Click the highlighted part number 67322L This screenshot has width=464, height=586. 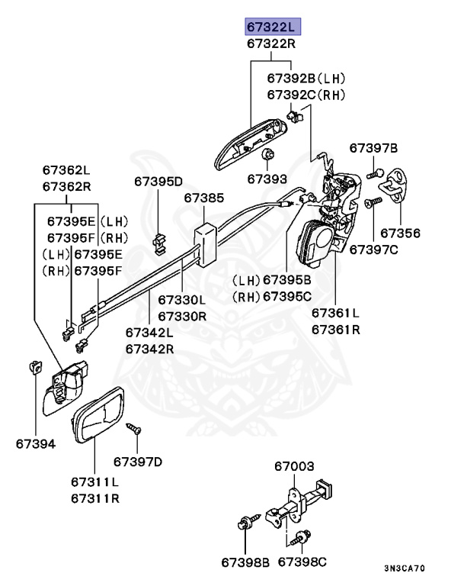pos(273,27)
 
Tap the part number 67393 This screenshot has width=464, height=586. pos(267,179)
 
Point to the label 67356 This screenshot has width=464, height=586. pos(400,232)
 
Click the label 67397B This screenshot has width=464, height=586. pos(373,147)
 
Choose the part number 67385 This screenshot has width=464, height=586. pos(203,198)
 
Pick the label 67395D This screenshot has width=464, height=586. pos(158,182)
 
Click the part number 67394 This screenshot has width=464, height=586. pos(35,443)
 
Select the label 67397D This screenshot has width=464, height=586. pos(138,461)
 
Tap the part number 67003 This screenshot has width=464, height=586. pos(294,466)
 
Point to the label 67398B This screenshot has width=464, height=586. pos(245,562)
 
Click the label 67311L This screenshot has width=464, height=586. pos(94,482)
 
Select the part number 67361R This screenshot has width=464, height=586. pos(335,330)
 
